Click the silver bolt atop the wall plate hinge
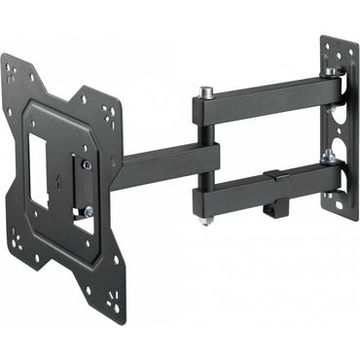click(333, 72)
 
